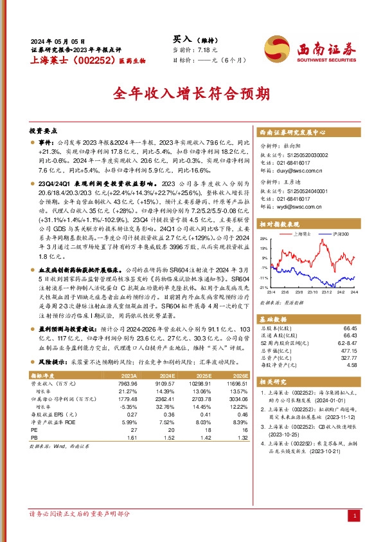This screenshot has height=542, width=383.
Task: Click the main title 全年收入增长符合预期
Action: click(191, 95)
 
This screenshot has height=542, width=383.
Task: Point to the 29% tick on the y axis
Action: click(263, 238)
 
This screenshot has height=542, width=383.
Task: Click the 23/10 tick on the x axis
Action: click(312, 292)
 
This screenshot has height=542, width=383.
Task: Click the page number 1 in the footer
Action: click(355, 516)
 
